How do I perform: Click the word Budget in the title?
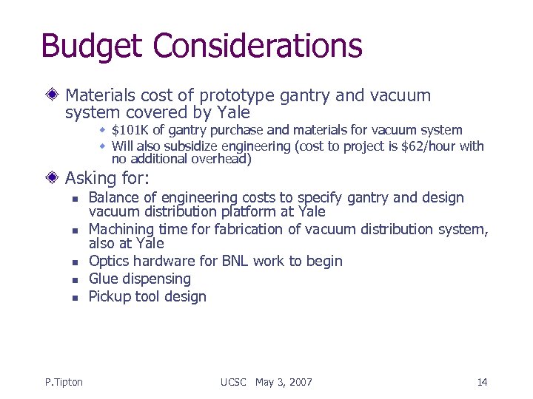(86, 45)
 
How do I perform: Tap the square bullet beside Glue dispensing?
(75, 279)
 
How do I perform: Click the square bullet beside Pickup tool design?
(75, 297)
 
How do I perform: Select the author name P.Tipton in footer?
(64, 382)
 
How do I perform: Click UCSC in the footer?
(235, 382)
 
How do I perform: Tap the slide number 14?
(482, 382)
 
